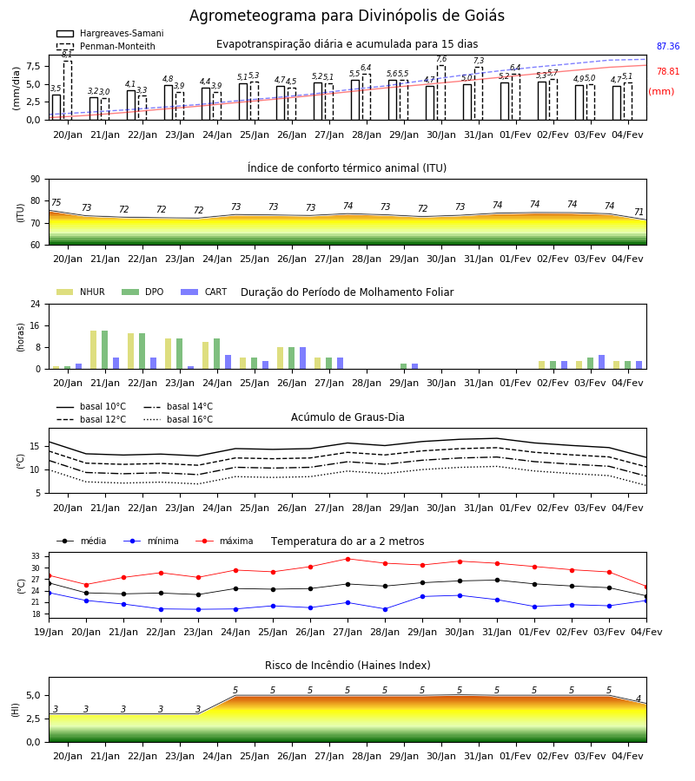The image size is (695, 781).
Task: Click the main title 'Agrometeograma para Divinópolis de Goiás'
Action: [347, 16]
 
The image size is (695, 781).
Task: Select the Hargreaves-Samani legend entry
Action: [110, 33]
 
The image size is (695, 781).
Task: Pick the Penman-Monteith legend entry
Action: [106, 46]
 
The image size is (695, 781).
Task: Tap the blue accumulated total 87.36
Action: [668, 46]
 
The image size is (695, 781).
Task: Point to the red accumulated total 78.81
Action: [668, 71]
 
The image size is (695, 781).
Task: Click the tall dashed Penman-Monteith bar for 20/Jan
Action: [67, 90]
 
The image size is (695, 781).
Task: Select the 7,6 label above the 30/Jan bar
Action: [441, 59]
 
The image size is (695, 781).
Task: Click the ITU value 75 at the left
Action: [56, 202]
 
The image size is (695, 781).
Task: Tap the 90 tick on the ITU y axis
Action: [36, 180]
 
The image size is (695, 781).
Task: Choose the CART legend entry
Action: [204, 292]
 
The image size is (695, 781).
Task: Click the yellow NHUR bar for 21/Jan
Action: [93, 350]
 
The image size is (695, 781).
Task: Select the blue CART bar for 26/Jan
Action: [302, 358]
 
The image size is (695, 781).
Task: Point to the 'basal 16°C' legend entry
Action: [177, 419]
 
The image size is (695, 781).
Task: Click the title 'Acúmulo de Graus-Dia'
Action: [347, 417]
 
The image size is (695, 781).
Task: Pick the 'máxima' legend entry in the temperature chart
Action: [224, 541]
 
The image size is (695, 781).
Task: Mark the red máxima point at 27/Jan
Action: [348, 559]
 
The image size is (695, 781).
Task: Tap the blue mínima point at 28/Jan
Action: [386, 609]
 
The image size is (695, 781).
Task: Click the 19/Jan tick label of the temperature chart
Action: [49, 632]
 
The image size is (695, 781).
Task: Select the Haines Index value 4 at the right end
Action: [639, 699]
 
